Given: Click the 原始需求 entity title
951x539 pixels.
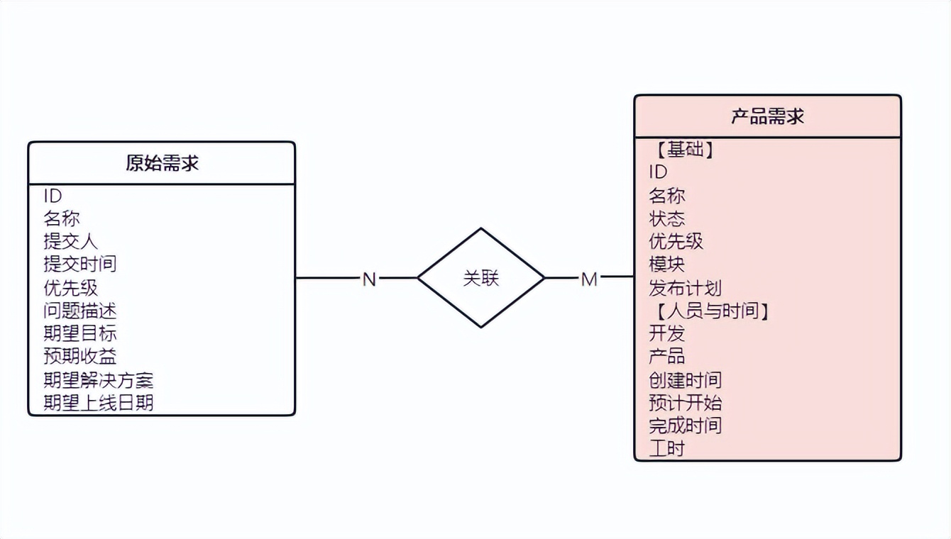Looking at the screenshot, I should click(x=162, y=163).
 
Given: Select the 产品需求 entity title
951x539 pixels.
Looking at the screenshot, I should click(x=767, y=116).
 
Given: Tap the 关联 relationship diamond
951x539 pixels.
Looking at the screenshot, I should click(x=481, y=278).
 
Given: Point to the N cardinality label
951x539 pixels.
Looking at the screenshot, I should click(x=369, y=279).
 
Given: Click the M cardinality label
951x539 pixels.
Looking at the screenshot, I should click(x=589, y=279).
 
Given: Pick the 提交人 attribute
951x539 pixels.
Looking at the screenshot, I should click(x=70, y=241).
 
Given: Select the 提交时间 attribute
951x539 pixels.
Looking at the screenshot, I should click(x=79, y=265).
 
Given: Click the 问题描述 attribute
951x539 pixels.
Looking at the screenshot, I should click(x=79, y=311).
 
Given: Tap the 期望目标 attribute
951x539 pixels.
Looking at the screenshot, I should click(x=79, y=333).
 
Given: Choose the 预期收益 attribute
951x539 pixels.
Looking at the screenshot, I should click(x=79, y=356).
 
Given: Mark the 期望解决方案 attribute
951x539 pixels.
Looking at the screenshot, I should click(x=98, y=380).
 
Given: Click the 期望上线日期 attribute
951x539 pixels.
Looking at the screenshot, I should click(x=98, y=403).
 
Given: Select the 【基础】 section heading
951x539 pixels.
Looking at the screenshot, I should click(x=681, y=150).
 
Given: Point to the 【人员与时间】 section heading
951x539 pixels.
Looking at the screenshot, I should click(x=710, y=311).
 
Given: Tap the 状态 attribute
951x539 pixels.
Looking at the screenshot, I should click(x=666, y=218).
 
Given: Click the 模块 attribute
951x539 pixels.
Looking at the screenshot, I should click(x=666, y=265).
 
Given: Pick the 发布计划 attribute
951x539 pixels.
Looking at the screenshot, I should click(x=685, y=288).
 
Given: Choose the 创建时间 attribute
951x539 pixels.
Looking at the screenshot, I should click(x=685, y=380).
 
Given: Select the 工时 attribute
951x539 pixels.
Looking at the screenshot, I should click(x=666, y=448).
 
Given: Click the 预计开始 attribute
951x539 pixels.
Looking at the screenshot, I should click(x=685, y=403).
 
